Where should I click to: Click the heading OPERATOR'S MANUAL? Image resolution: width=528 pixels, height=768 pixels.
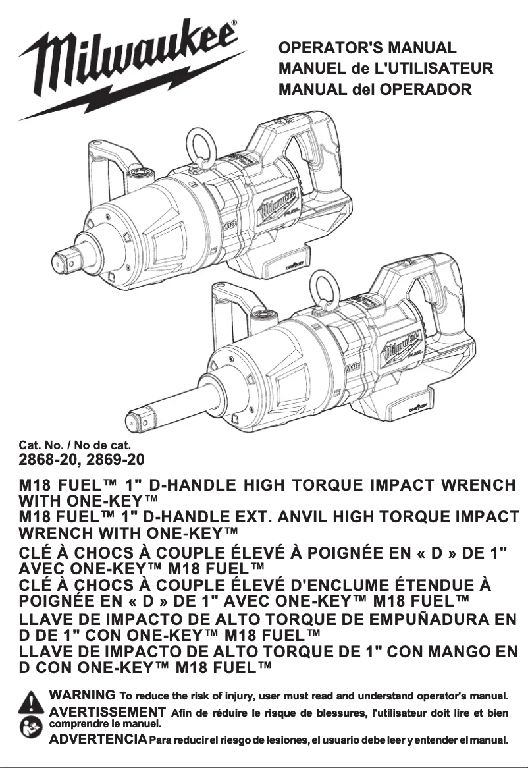pos(367,48)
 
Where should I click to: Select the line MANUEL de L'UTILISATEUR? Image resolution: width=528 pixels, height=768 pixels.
pos(386,68)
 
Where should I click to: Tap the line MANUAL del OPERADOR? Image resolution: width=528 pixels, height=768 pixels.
pos(375,88)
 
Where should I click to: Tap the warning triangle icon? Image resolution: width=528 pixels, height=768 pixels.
pos(31,702)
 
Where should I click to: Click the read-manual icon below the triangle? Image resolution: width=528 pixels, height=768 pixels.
pos(31,726)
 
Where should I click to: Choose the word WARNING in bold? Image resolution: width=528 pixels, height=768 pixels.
pos(83,695)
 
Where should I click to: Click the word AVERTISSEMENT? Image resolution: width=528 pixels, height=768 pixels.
pos(107,711)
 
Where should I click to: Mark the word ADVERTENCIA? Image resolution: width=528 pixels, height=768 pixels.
pos(99,739)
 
